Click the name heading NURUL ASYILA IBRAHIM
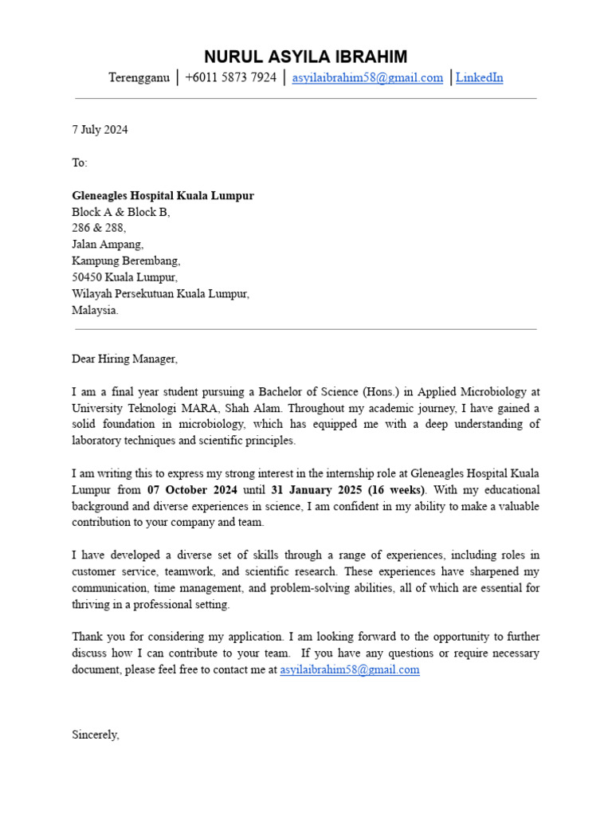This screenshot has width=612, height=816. (x=305, y=57)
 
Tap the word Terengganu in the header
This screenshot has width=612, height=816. (x=139, y=78)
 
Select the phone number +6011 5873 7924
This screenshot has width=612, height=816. (x=230, y=78)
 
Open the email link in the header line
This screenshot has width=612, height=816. (x=367, y=78)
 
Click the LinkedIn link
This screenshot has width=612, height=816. (x=479, y=78)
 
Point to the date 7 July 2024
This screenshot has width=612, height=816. (x=100, y=130)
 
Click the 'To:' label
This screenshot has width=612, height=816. (x=80, y=163)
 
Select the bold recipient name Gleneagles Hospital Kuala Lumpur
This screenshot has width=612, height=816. (x=163, y=196)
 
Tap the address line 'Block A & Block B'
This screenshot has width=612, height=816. (x=120, y=212)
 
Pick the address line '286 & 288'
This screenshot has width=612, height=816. (x=99, y=228)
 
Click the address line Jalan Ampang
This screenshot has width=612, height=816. (x=108, y=245)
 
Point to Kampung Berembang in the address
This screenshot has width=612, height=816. (x=126, y=261)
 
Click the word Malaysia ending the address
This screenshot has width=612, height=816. (x=95, y=310)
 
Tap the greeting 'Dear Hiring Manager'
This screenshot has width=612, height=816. (x=124, y=359)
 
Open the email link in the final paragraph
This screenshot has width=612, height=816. (x=349, y=670)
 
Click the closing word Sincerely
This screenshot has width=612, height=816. (x=95, y=735)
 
